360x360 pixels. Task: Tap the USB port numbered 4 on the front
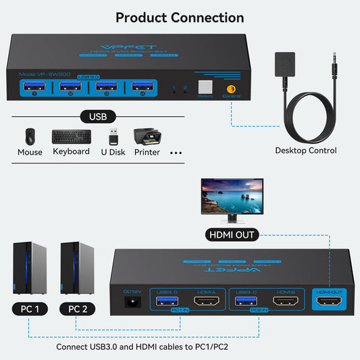(x=141, y=85)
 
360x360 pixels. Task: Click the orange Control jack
(x=231, y=88)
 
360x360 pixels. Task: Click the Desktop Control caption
(x=305, y=150)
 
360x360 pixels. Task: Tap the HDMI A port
(x=205, y=301)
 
